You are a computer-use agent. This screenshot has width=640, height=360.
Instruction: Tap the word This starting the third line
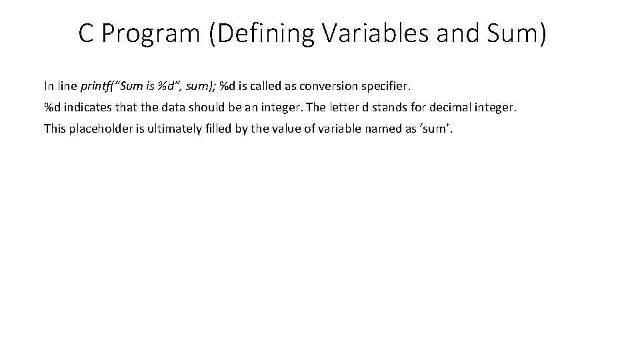click(x=55, y=129)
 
